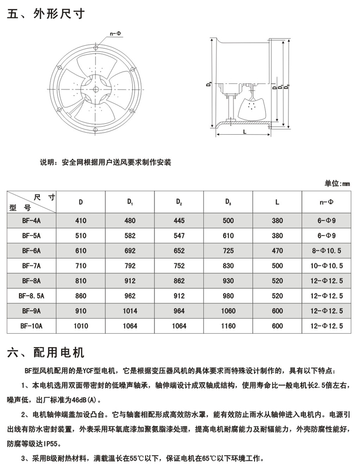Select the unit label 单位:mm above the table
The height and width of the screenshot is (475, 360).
click(x=337, y=184)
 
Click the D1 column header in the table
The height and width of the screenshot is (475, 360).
click(x=130, y=202)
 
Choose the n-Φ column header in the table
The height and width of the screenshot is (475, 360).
click(x=327, y=202)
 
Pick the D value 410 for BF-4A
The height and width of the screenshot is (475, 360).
click(x=81, y=222)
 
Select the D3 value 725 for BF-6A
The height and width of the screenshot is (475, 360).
click(x=228, y=251)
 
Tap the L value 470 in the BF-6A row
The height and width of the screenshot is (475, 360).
click(x=277, y=251)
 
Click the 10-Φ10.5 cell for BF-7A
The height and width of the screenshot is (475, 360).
click(x=327, y=266)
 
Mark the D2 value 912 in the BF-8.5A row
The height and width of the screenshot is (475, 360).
click(x=179, y=296)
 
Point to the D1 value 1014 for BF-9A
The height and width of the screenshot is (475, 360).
click(x=130, y=311)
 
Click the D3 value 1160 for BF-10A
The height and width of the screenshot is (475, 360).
click(x=228, y=326)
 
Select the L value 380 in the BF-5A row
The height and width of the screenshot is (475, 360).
click(x=277, y=236)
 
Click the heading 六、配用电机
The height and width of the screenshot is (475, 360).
click(x=46, y=353)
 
